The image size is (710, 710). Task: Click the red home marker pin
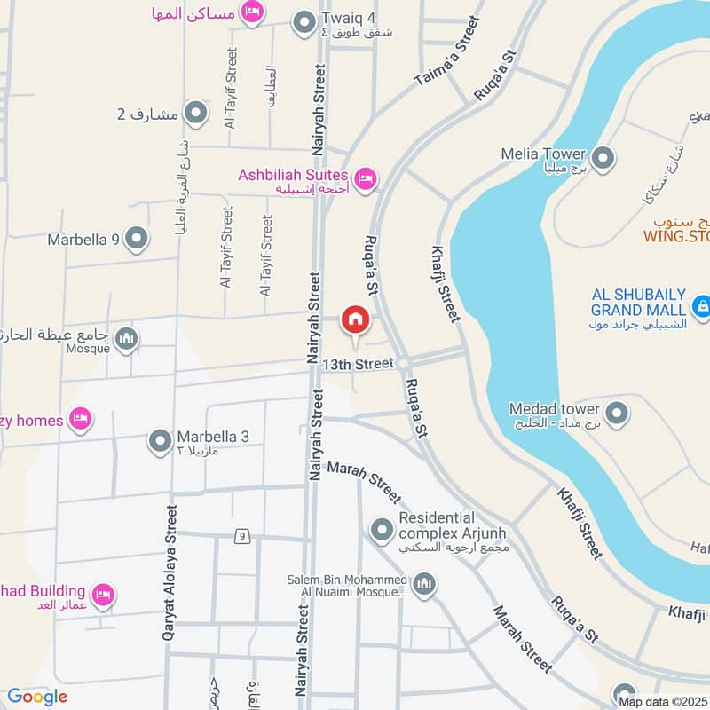coord(355,319)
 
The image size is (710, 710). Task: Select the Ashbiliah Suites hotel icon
coord(367,178)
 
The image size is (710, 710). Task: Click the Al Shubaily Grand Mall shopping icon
coord(702,307)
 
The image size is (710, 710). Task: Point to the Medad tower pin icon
coord(616,413)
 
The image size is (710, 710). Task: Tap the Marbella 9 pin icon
coord(136,238)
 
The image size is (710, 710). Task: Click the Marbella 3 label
coord(213,437)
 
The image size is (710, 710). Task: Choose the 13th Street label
coord(358,364)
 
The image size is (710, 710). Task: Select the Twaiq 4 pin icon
coord(304,22)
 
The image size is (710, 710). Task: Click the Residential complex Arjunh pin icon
coord(383,530)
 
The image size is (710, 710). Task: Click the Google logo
coord(37,697)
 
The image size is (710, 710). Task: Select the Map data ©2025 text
coord(664,701)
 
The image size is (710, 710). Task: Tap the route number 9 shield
coord(241,536)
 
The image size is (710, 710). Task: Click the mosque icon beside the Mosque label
coord(128,338)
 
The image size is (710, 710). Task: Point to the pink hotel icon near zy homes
coord(81,419)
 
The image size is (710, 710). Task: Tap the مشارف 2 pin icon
coord(195,113)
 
